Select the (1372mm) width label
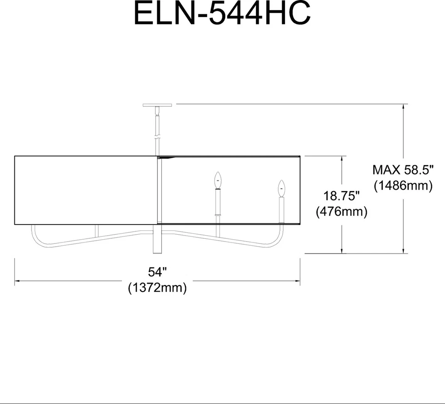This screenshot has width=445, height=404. (157, 288)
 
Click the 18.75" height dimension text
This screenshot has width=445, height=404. (342, 196)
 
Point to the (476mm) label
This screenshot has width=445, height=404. (342, 211)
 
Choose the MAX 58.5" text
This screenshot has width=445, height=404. (403, 169)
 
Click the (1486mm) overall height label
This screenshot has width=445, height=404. (403, 185)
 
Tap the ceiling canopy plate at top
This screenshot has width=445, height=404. (158, 105)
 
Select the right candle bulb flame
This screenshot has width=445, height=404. (280, 188)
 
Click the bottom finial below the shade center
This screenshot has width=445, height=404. (158, 241)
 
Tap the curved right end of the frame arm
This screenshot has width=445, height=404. (281, 236)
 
